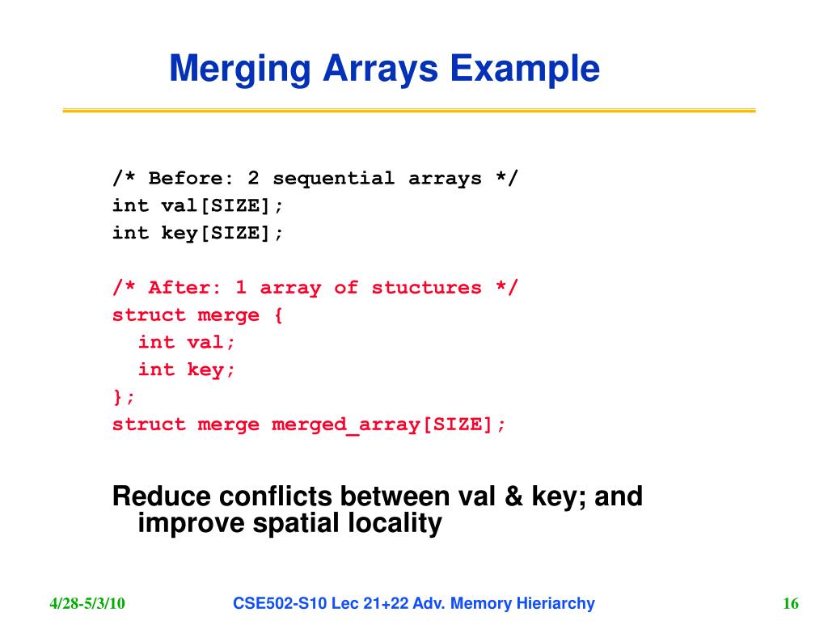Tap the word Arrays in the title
(380, 70)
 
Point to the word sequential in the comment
(334, 179)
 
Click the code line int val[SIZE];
(198, 205)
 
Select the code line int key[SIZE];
(198, 233)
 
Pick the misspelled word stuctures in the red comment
(426, 288)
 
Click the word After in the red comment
(185, 288)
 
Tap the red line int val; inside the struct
(187, 342)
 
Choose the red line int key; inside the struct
(187, 370)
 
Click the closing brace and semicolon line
(125, 396)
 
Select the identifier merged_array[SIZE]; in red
(389, 425)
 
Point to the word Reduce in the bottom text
(161, 496)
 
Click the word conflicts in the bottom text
(275, 496)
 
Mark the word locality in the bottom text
(395, 523)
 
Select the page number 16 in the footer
(791, 603)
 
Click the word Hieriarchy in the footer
(556, 603)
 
